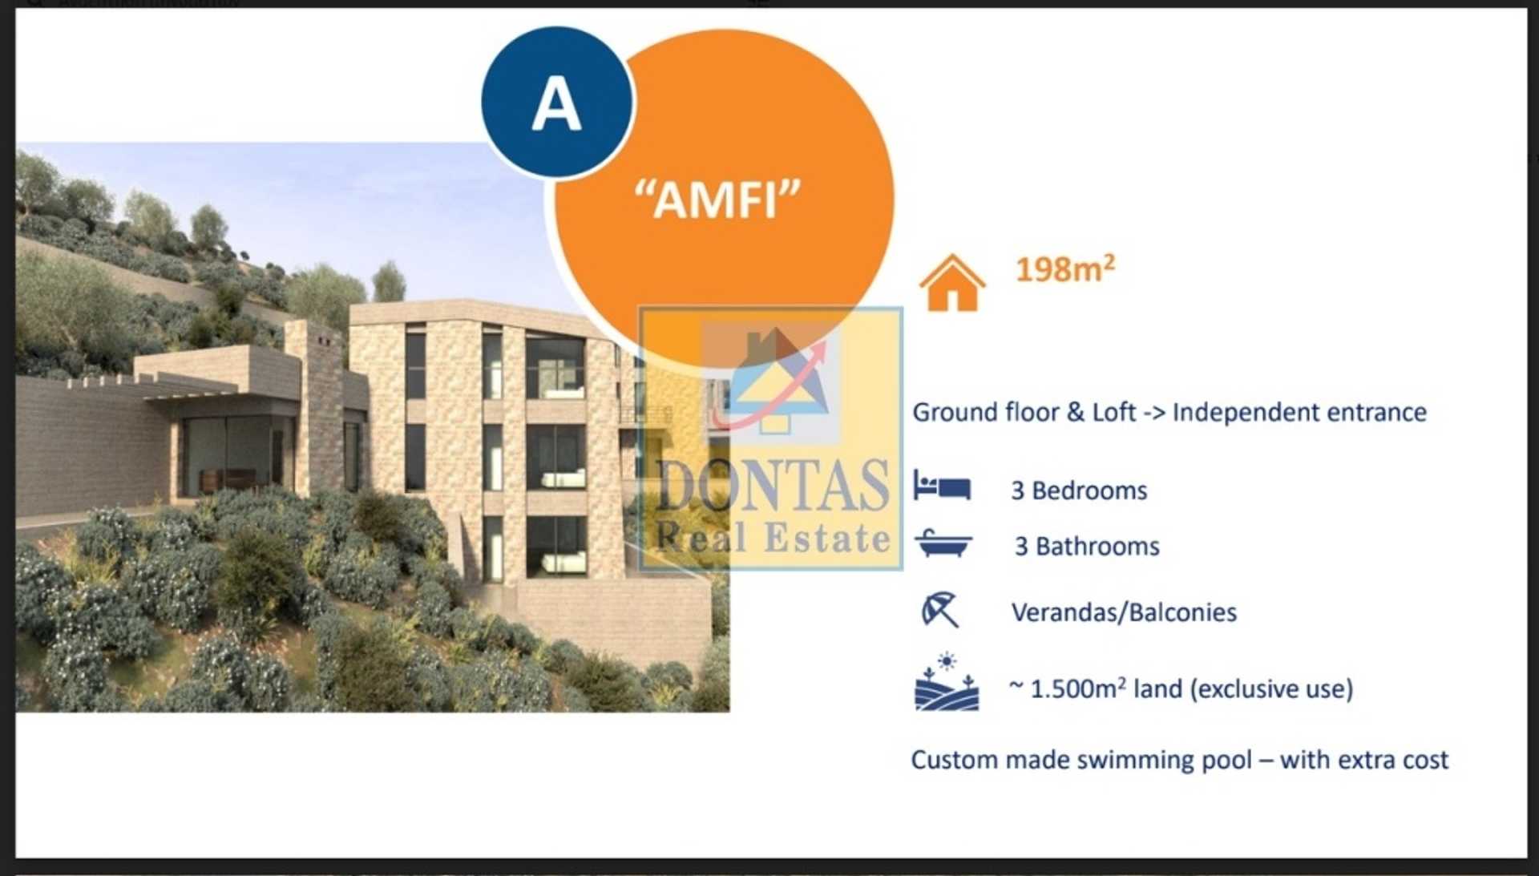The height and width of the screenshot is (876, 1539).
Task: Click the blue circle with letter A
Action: [557, 103]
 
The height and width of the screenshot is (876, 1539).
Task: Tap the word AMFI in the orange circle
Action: [717, 199]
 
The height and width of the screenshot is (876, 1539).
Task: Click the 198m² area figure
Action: [1064, 268]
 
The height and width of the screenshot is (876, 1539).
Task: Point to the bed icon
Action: [942, 486]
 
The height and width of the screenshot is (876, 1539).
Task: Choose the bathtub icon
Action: [943, 543]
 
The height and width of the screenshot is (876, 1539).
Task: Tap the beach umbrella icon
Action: [939, 610]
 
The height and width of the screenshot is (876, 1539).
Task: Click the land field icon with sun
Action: [947, 683]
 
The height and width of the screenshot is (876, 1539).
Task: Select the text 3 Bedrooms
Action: [1079, 490]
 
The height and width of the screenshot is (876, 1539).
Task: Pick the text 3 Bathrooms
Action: [1087, 547]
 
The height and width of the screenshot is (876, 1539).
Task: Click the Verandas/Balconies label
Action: [1124, 612]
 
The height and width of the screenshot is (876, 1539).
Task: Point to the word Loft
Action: [1113, 412]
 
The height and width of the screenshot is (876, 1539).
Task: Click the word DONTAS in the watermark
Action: [773, 485]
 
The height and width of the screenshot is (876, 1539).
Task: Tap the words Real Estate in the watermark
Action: [773, 538]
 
